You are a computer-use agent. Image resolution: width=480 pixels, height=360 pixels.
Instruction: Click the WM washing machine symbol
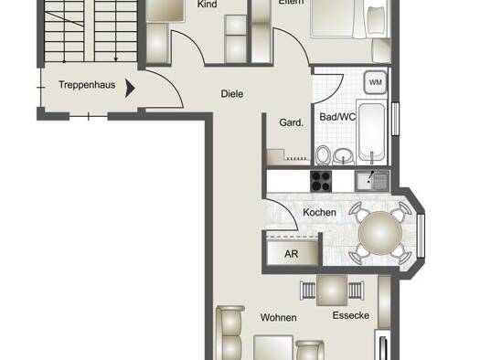376,82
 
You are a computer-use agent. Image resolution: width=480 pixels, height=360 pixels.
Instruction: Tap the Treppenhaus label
87,85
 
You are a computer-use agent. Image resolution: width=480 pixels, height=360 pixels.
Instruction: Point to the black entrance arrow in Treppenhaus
130,88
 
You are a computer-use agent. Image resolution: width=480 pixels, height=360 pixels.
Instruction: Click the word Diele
232,94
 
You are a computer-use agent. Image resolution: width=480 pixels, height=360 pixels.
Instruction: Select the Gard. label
291,123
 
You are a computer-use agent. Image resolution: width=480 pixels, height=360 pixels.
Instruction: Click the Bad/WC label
337,117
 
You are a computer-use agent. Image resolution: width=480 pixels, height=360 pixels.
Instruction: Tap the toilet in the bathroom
323,155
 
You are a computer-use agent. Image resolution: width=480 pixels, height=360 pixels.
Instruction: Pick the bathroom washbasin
343,156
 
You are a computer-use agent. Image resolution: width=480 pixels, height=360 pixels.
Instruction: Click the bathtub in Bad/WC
372,132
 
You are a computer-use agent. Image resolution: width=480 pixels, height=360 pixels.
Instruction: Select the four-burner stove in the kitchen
321,182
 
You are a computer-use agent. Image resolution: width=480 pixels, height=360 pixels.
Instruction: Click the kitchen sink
372,181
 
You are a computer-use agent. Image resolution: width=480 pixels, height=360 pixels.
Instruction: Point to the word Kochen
319,212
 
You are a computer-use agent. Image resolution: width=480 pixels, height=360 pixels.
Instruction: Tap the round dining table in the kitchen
380,233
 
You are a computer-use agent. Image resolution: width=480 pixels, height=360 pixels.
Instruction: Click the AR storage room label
291,254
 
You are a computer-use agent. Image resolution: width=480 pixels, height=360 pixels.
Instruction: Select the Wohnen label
278,317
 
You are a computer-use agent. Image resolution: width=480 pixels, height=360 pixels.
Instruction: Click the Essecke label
351,315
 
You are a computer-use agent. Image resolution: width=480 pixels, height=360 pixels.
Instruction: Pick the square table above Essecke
332,290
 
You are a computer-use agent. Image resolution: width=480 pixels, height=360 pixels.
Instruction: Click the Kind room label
208,4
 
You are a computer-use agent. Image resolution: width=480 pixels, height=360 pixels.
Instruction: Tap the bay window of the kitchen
421,236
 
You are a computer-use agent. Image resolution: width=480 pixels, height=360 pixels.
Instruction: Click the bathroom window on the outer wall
396,119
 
